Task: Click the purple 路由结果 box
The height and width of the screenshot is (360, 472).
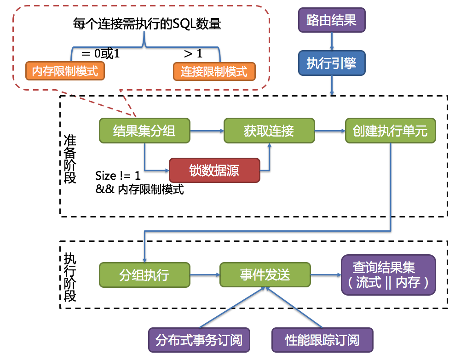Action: (x=332, y=20)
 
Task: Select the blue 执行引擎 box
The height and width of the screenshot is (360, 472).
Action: (x=332, y=63)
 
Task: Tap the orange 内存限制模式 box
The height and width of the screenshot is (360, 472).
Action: (x=65, y=71)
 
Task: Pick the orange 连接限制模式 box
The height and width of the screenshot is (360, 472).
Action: (x=214, y=71)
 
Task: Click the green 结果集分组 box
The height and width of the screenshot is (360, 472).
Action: (x=144, y=131)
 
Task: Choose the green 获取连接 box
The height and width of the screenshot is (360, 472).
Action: (x=269, y=131)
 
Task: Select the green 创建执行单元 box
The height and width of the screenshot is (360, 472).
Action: (x=390, y=131)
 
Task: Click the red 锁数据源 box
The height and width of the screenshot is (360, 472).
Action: (x=214, y=170)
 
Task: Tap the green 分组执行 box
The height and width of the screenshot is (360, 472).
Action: (x=144, y=275)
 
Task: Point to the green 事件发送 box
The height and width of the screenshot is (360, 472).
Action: (x=265, y=275)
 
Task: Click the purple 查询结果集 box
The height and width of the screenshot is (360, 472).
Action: (x=388, y=274)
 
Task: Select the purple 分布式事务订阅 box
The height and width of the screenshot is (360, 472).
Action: (x=199, y=340)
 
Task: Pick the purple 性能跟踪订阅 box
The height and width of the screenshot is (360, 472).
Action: (x=322, y=340)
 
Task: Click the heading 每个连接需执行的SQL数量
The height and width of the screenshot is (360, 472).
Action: (x=147, y=24)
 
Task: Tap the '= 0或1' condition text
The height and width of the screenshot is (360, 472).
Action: (x=100, y=53)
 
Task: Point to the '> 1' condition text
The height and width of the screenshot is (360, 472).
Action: (x=193, y=53)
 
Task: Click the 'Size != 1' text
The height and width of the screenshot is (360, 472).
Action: (x=118, y=176)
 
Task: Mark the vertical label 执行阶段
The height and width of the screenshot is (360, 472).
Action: (x=70, y=277)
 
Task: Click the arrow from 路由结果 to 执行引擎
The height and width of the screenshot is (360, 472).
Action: (x=332, y=41)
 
